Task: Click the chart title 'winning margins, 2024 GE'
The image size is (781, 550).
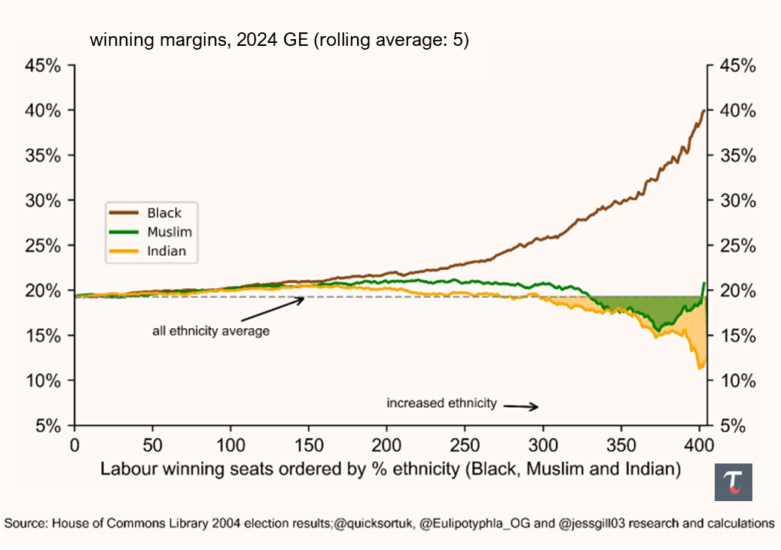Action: pos(279,41)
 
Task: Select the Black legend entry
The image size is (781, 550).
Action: pos(163,213)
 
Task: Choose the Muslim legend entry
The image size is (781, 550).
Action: pos(169,232)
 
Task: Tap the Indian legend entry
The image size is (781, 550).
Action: pos(166,251)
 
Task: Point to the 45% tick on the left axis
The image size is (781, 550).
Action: pos(42,65)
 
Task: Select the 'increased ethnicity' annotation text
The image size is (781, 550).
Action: pos(441,403)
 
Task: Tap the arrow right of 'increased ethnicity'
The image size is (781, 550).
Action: pos(520,406)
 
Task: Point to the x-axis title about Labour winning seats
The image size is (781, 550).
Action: pos(391,469)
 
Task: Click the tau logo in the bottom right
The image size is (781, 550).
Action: pos(733,482)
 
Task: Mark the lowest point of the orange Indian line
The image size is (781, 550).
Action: pos(700,368)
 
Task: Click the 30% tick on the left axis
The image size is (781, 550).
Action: pos(42,200)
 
